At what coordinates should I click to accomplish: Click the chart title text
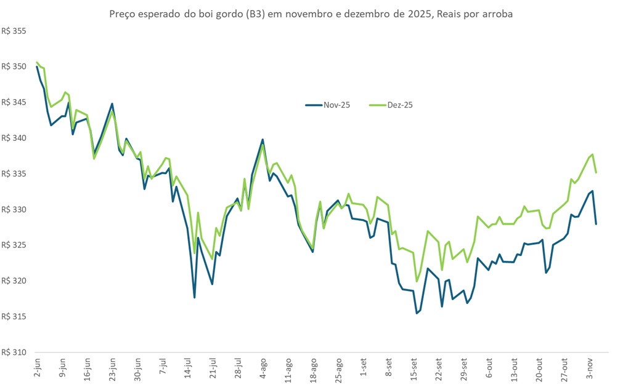pos(311,14)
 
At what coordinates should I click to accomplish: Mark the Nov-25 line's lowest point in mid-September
pos(417,313)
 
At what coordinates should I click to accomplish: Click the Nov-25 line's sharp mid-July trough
pos(194,298)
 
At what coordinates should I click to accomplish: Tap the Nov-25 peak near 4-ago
pos(263,140)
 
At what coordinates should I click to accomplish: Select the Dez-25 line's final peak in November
pos(592,154)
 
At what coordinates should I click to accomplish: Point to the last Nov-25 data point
pos(596,224)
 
